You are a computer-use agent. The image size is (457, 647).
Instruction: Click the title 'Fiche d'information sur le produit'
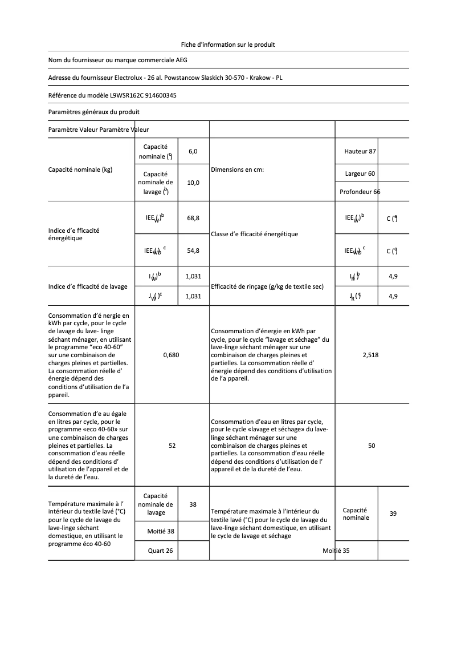(228, 44)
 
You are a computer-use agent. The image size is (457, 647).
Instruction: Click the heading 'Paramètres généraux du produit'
(94, 112)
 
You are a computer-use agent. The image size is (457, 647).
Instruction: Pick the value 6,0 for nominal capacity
(193, 151)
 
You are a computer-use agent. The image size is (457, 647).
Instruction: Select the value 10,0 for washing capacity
(193, 183)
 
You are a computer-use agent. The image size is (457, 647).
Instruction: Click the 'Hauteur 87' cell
(360, 151)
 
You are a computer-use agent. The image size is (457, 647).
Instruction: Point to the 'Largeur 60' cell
(360, 173)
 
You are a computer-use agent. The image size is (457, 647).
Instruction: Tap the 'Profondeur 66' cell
(360, 192)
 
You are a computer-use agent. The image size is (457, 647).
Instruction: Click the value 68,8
(193, 219)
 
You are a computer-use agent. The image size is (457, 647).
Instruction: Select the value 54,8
(193, 250)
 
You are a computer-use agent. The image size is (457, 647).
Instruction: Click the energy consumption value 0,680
(171, 355)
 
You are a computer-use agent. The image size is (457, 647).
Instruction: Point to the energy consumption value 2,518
(370, 355)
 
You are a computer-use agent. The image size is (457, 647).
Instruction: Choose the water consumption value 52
(172, 446)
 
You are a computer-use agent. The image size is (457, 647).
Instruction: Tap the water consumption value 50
(372, 446)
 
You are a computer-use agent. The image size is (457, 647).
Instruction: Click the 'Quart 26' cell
(160, 551)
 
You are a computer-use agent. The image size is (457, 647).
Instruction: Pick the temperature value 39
(393, 513)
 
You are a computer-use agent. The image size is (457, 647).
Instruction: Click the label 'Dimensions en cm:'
(237, 169)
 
